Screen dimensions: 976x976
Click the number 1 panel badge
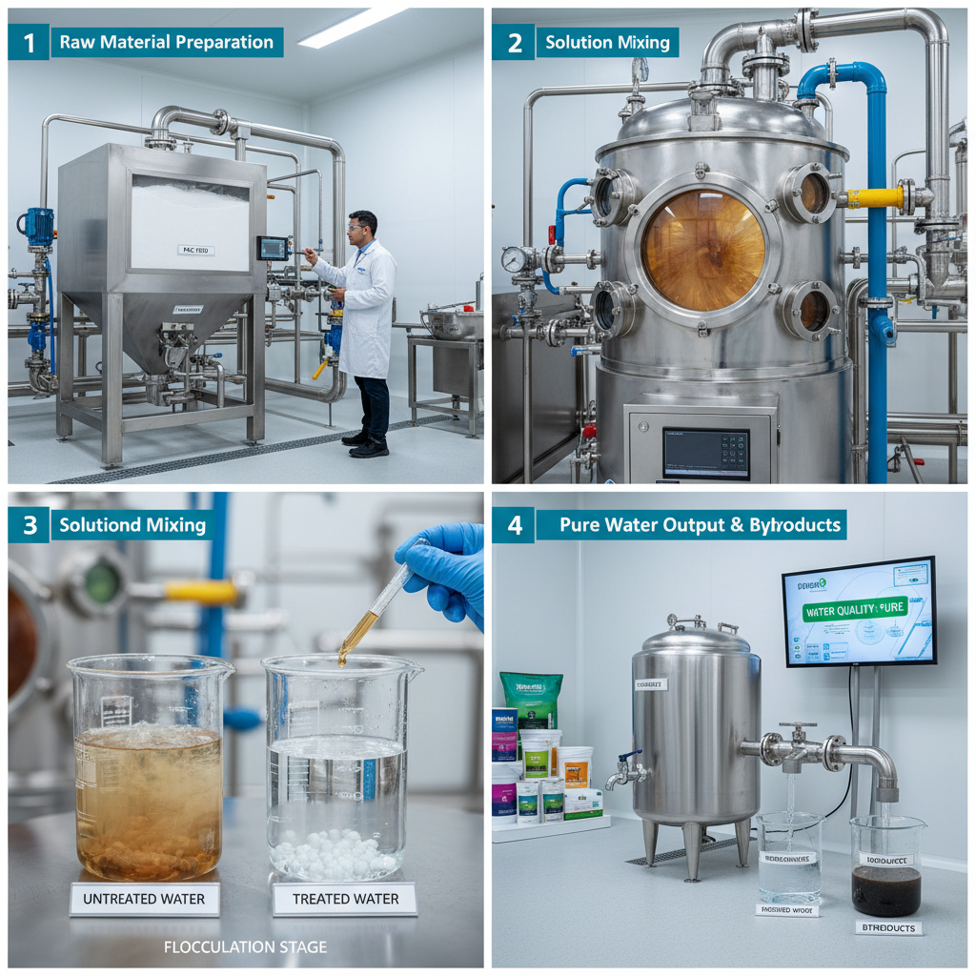click(x=28, y=42)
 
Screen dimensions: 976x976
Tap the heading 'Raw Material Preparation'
click(x=167, y=42)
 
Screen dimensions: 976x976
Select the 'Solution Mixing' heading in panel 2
click(x=607, y=42)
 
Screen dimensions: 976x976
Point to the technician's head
click(x=362, y=227)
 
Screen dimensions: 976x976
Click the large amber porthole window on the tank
click(x=703, y=250)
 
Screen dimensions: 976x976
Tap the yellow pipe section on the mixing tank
click(x=875, y=197)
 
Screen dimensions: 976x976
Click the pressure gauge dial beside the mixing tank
click(x=514, y=259)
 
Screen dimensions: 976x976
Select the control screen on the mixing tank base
click(x=705, y=453)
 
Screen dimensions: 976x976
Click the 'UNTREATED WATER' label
click(x=145, y=899)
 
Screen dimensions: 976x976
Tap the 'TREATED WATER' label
click(x=345, y=899)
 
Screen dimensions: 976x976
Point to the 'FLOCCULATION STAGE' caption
click(x=245, y=947)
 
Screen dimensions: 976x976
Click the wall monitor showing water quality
click(x=859, y=612)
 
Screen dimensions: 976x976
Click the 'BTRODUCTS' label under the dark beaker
click(x=888, y=926)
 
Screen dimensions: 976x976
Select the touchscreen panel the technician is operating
click(x=273, y=248)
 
